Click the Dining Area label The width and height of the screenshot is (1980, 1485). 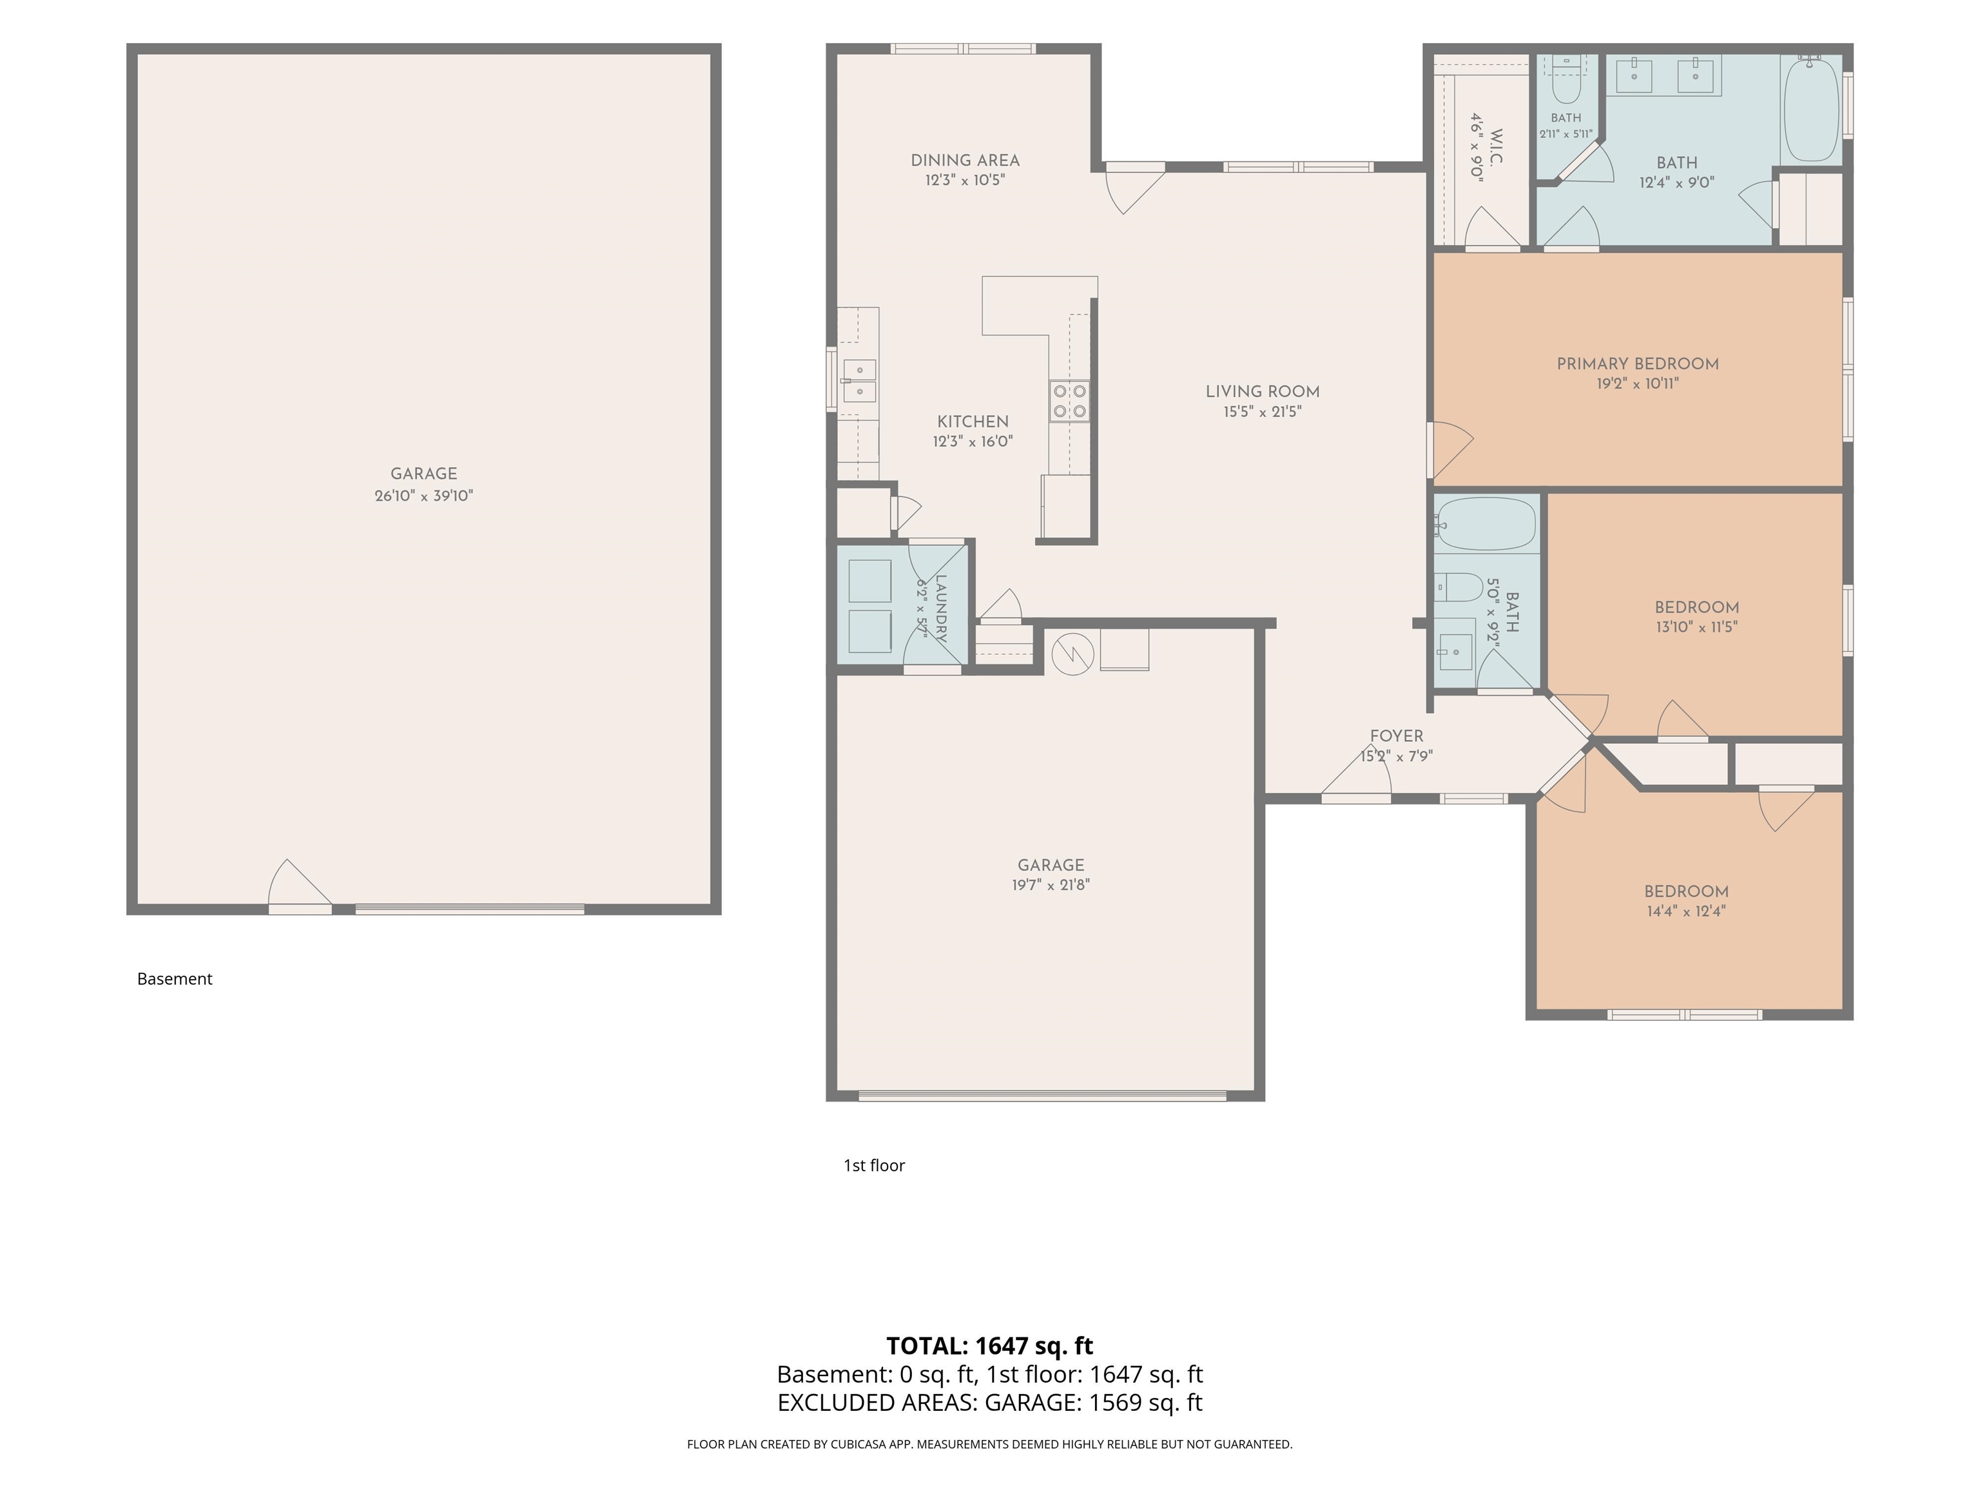pos(965,160)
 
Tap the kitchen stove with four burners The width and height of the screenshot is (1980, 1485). pos(1070,401)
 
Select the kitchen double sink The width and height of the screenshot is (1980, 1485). pos(859,380)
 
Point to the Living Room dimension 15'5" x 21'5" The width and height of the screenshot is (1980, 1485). pos(1262,412)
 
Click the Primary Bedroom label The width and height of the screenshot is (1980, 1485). pos(1637,364)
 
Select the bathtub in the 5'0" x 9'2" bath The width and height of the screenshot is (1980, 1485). pos(1486,523)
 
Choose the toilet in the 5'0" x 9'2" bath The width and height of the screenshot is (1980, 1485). pos(1460,588)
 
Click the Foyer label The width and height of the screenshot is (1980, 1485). pos(1397,736)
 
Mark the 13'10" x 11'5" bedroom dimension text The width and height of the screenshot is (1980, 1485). pos(1696,626)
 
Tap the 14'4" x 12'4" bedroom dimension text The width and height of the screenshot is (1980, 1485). pos(1685,911)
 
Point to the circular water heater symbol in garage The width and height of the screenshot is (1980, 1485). pos(1072,654)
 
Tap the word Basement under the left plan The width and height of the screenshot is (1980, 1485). pos(175,978)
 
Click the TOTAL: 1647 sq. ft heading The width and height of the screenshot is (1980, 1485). pos(990,1345)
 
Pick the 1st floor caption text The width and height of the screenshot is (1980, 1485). pos(875,1165)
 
